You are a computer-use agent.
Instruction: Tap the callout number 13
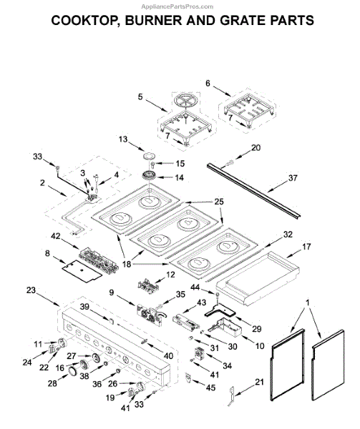click(123, 139)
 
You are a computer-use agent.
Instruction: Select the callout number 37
click(293, 178)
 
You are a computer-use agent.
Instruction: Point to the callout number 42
click(56, 236)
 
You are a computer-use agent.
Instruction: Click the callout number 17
click(306, 247)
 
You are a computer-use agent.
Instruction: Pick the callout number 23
click(31, 290)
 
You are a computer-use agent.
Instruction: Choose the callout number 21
click(259, 382)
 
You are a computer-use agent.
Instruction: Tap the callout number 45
click(210, 388)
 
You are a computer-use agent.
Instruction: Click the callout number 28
click(52, 383)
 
